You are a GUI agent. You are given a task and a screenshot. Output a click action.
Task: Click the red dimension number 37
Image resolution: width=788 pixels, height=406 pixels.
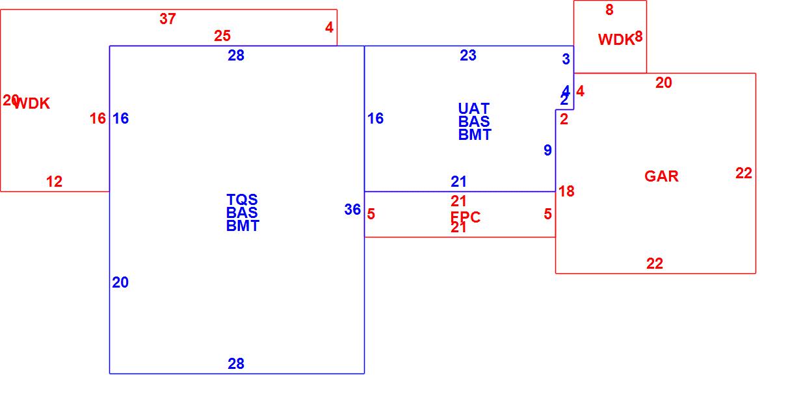167,19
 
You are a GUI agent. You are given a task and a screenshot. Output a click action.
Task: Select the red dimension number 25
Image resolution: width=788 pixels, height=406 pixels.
222,36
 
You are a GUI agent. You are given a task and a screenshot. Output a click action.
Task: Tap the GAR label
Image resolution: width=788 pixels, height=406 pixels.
661,176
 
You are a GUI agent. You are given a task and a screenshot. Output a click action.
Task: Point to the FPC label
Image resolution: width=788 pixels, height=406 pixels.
466,217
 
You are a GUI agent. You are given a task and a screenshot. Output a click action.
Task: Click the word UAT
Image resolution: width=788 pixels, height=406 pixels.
474,109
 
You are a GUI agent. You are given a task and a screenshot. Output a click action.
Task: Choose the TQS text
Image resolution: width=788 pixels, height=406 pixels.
242,200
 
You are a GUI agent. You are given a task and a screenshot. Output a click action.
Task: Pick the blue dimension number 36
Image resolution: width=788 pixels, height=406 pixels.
352,210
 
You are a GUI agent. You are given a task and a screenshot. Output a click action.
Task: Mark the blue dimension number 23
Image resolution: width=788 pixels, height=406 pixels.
468,55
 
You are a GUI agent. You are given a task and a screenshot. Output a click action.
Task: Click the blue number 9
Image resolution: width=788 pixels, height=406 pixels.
547,150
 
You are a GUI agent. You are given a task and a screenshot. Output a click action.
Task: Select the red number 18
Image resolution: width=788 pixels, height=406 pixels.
566,191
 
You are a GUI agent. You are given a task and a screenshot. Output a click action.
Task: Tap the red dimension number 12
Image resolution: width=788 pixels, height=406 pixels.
54,182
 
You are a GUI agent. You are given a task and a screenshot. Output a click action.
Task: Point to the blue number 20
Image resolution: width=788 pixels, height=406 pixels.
120,282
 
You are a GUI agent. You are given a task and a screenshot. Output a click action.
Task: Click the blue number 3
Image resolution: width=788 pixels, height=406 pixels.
566,59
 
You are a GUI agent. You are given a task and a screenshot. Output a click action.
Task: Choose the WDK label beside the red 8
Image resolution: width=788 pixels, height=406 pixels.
616,40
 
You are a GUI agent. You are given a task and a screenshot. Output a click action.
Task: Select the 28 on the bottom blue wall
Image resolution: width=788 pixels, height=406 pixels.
236,364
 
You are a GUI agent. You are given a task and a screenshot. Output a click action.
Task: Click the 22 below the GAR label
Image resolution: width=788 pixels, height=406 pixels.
655,264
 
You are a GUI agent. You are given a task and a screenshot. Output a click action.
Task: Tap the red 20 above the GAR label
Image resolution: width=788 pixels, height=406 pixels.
663,83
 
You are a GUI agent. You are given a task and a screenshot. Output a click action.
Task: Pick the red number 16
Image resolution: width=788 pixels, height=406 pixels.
98,118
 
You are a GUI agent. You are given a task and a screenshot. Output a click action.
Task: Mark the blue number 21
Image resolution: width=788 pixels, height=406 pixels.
459,182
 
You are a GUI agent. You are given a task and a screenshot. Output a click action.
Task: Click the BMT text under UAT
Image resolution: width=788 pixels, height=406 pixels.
475,135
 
